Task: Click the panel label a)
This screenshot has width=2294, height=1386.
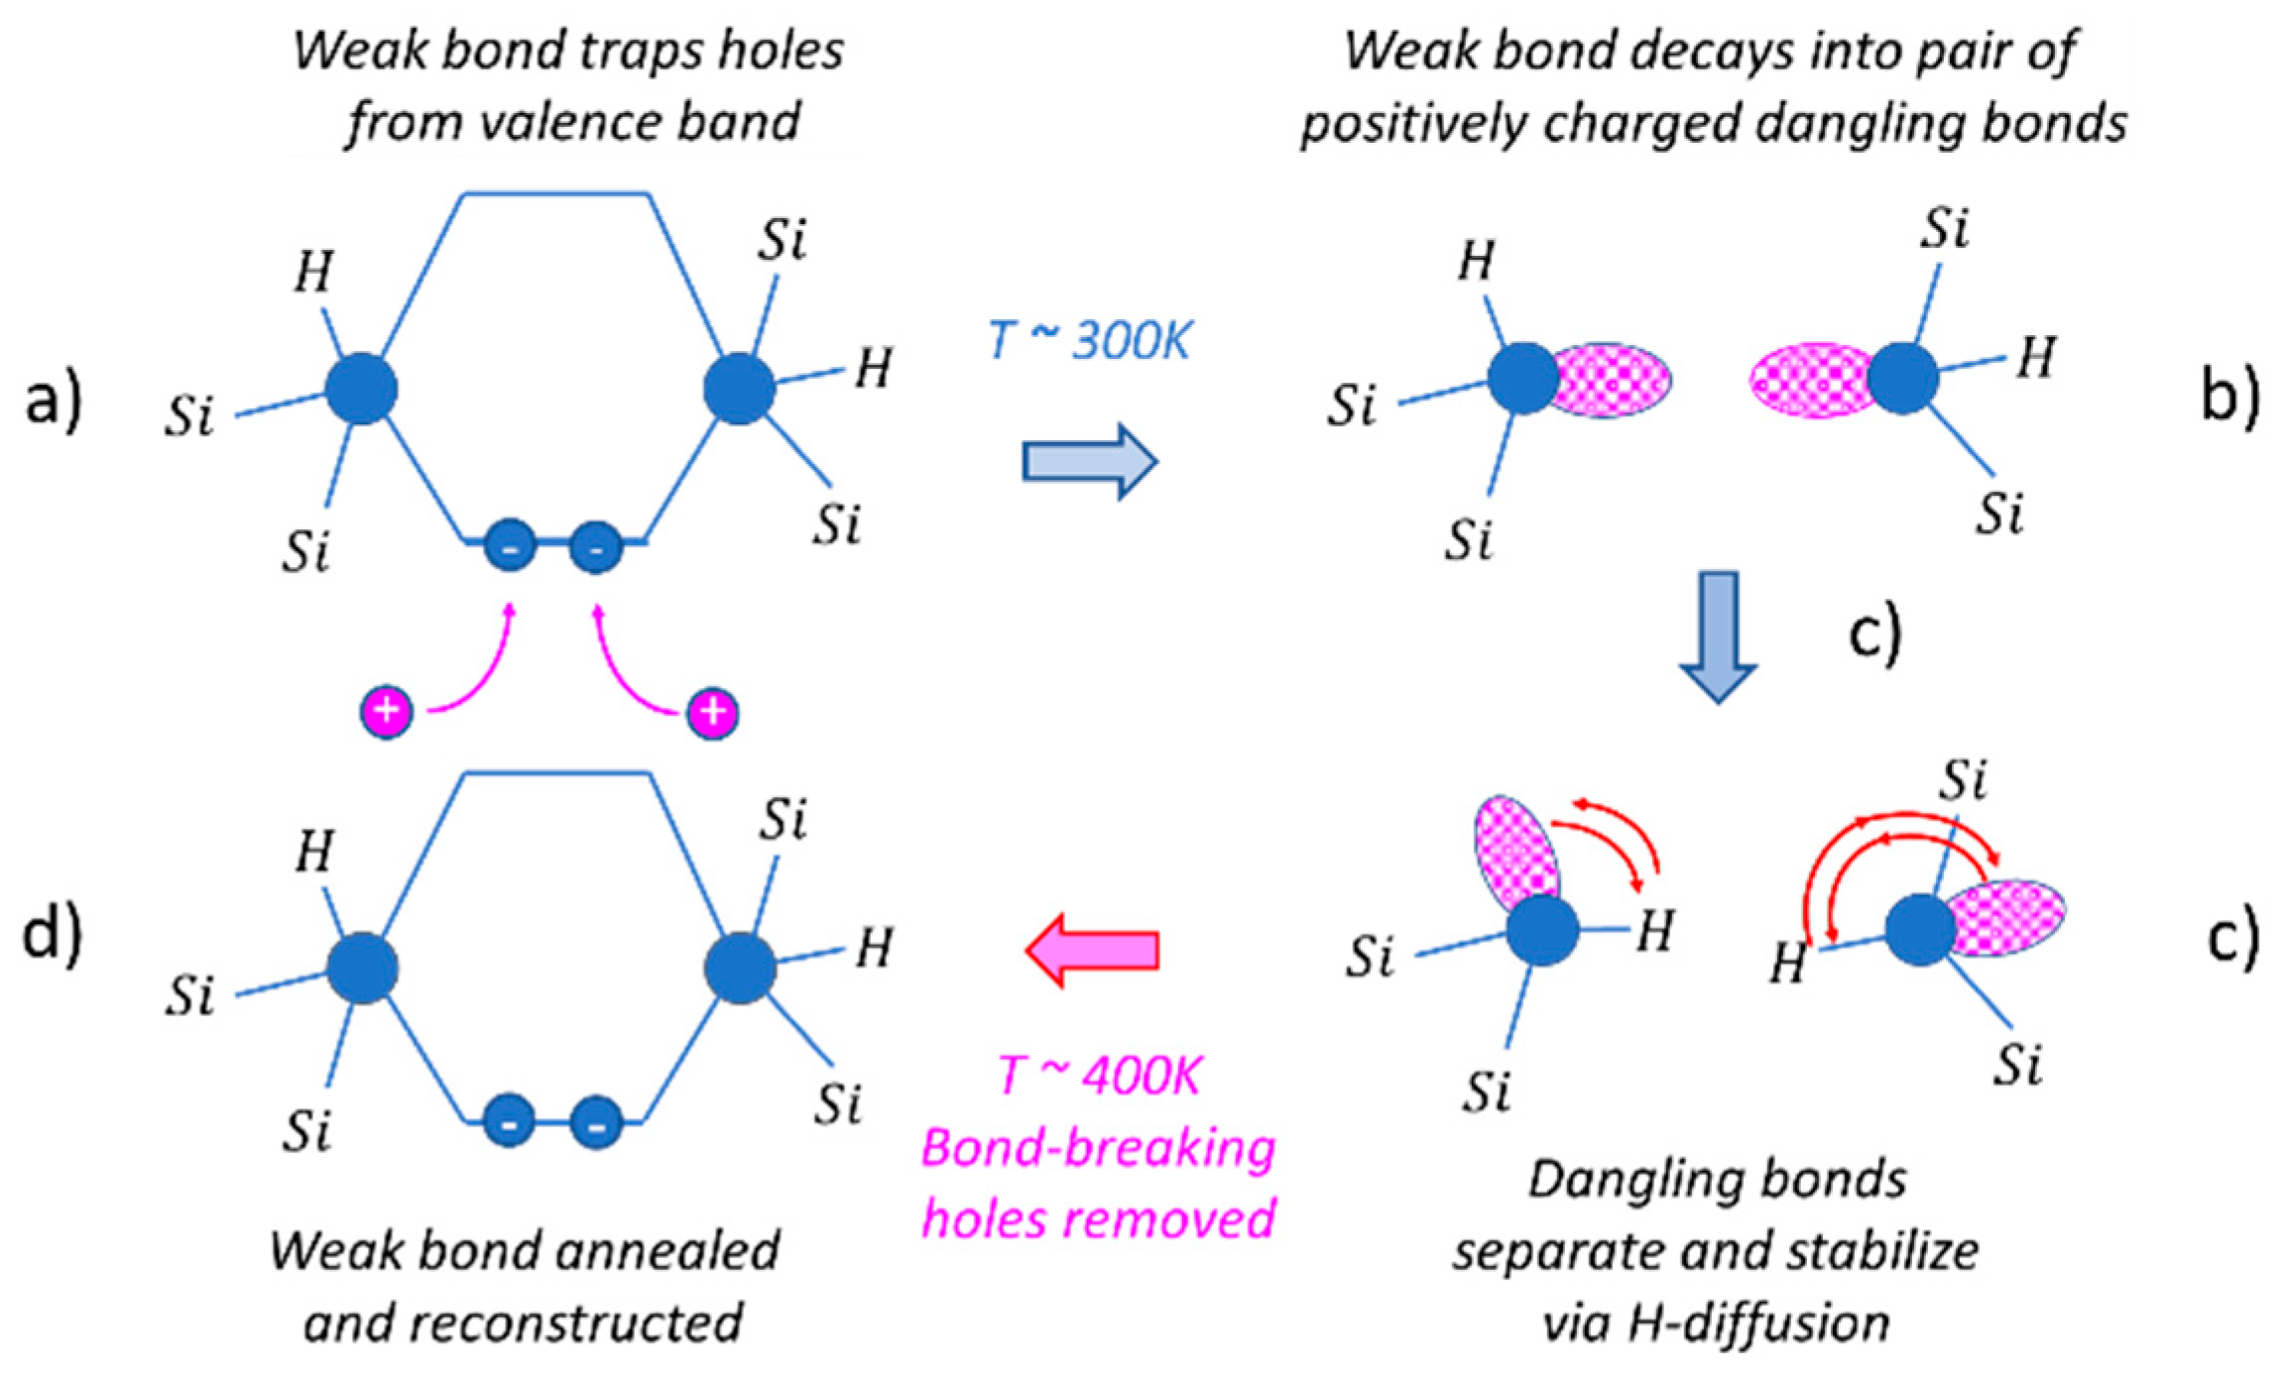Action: pos(53,403)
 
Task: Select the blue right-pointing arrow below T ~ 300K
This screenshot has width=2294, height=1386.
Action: pos(1089,462)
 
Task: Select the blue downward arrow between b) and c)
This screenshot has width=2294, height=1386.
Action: pos(1718,635)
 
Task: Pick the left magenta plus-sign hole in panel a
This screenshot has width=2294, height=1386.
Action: pos(387,711)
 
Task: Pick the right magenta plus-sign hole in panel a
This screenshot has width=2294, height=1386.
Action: pos(713,713)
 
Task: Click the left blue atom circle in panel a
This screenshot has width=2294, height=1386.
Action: pos(362,390)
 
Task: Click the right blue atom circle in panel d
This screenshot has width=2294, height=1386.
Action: pos(740,969)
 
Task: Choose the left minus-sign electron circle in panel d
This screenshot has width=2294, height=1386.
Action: pos(510,1122)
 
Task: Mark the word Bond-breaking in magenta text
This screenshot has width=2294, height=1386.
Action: pos(1098,1149)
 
